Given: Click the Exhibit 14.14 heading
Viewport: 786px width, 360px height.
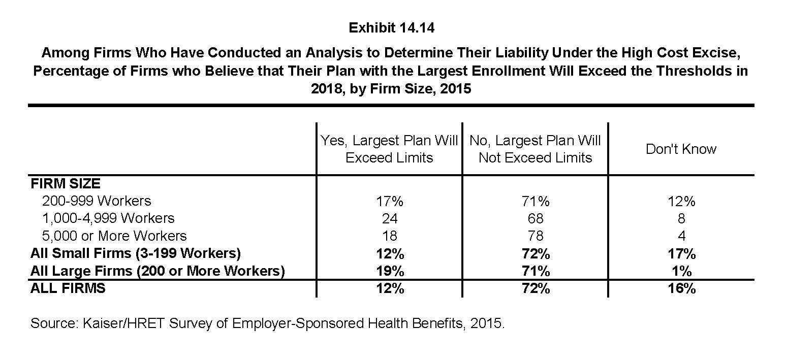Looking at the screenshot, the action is coord(392,28).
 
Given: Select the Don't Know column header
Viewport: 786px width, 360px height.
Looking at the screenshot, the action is coord(681,149).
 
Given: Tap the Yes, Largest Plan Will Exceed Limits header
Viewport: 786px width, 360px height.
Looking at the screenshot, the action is coord(389,149).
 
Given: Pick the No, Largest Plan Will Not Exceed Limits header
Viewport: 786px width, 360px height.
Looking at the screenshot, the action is coord(535,149).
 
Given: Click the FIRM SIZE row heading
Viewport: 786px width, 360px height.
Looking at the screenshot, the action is coord(66,184).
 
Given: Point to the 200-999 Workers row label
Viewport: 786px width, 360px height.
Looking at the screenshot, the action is coord(97,201).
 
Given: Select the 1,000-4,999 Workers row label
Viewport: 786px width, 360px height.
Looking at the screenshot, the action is coord(108,218).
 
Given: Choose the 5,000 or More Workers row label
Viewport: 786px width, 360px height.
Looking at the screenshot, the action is coord(114,236).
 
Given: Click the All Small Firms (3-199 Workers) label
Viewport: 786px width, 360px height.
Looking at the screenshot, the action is coord(136,253).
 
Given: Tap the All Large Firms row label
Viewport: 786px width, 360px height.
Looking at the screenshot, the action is coord(158,271).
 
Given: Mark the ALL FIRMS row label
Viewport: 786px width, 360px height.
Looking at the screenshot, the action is coord(68,288).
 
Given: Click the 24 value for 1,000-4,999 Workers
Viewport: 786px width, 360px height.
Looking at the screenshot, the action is coord(390,218).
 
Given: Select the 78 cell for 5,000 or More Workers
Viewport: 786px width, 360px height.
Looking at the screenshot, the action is coord(536,236).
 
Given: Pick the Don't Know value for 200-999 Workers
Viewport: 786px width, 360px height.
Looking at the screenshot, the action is coord(681,201).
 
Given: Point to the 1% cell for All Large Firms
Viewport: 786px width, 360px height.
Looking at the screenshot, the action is coord(682,271).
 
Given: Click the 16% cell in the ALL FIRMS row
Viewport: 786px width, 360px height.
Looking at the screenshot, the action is coord(682,288).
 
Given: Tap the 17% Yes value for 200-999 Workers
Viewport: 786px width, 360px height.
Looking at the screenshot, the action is coord(390,201).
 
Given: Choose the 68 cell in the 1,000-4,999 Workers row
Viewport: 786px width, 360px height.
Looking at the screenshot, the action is coord(536,218).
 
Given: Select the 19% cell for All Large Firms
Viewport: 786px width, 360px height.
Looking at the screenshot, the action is coord(390,271).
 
